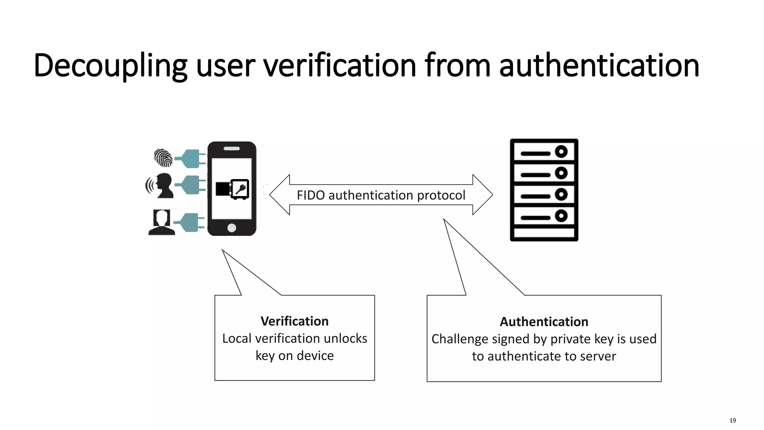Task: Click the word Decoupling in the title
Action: tap(110, 66)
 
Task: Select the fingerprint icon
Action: tap(163, 158)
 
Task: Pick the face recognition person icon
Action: tap(162, 222)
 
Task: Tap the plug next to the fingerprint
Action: tap(191, 158)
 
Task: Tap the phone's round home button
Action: tap(232, 228)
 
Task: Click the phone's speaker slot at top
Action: tap(232, 149)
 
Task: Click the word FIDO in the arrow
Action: tap(311, 195)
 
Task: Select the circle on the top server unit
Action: tap(561, 152)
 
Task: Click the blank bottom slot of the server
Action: tap(544, 233)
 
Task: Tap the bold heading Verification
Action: tap(294, 321)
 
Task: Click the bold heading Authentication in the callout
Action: tap(544, 322)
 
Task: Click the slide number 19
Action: tap(732, 420)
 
